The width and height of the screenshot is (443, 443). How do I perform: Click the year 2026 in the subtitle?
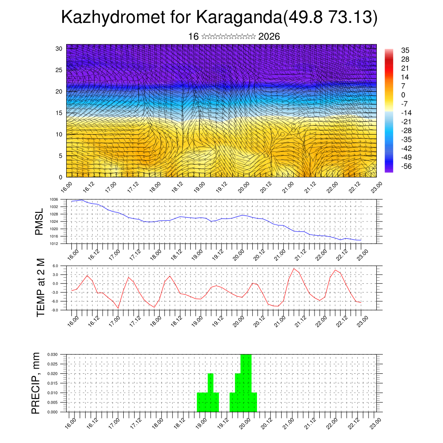pyautogui.click(x=269, y=37)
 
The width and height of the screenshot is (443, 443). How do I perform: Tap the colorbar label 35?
pyautogui.click(x=405, y=51)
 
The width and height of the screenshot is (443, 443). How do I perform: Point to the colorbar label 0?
pyautogui.click(x=403, y=95)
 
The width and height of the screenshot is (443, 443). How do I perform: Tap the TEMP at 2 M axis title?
pyautogui.click(x=41, y=287)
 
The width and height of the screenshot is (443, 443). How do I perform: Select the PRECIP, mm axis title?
pyautogui.click(x=36, y=382)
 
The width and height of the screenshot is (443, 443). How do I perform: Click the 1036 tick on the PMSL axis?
pyautogui.click(x=54, y=199)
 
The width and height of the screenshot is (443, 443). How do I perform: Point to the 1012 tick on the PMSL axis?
pyautogui.click(x=54, y=244)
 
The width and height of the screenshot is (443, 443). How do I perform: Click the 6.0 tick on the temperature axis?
pyautogui.click(x=55, y=266)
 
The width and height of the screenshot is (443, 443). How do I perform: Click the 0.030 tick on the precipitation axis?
pyautogui.click(x=53, y=354)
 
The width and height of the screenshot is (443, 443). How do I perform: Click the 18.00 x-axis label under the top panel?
pyautogui.click(x=155, y=187)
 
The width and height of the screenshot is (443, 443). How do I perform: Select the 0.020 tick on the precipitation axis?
pyautogui.click(x=53, y=373)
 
